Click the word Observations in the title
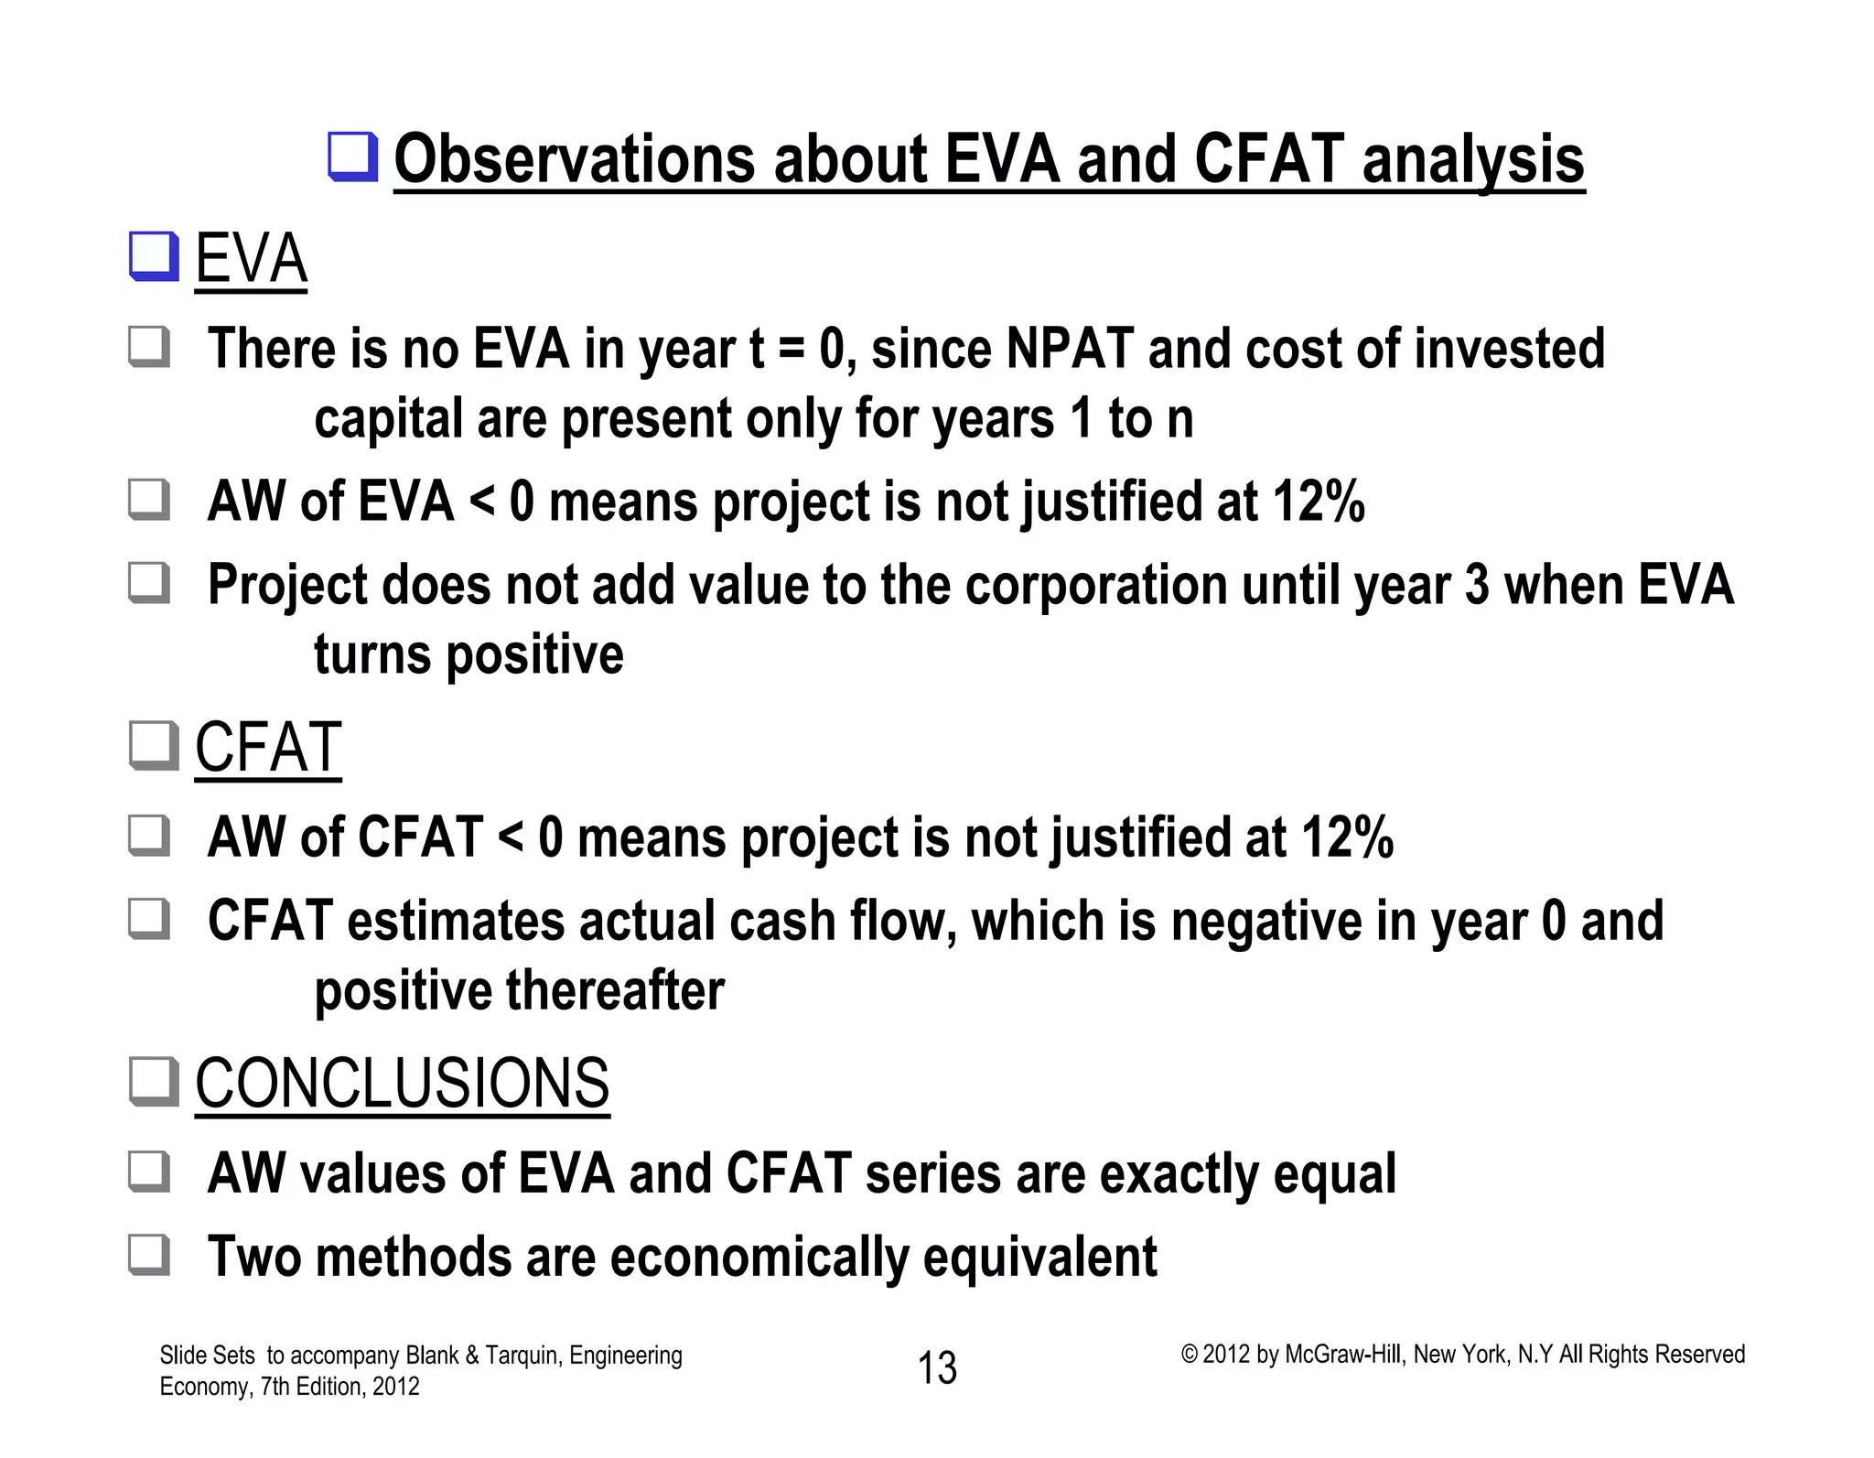coord(574,159)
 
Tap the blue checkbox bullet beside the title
coord(353,157)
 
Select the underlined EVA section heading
coord(251,259)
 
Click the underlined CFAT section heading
coord(268,748)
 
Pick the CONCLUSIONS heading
coord(402,1084)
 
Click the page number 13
coord(937,1368)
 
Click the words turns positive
coord(468,655)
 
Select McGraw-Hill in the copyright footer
coord(1342,1355)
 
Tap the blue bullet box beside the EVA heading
coord(153,257)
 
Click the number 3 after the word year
coord(1476,586)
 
